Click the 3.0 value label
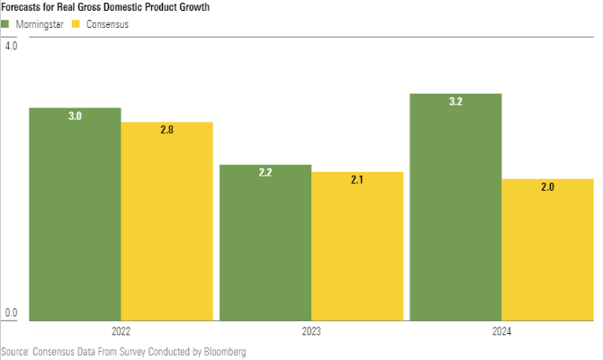[75, 116]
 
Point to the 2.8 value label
[166, 130]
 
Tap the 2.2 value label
[265, 173]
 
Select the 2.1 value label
[357, 180]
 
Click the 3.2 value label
[455, 102]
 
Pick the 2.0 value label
[547, 187]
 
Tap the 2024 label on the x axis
[501, 331]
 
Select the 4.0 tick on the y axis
[12, 46]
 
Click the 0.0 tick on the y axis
[12, 313]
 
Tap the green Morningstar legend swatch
[5, 24]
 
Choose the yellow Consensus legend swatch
[77, 24]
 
